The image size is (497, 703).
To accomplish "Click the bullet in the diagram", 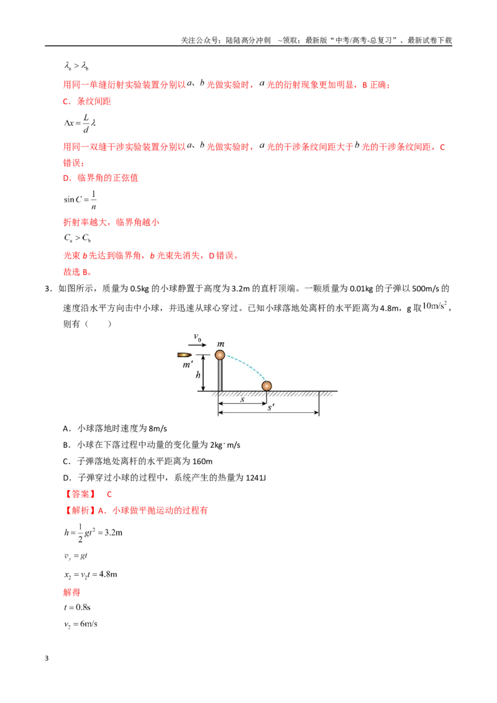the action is [x=185, y=355].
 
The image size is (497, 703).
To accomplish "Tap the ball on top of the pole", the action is [x=220, y=355].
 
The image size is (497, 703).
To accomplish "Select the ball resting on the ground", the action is [x=267, y=386].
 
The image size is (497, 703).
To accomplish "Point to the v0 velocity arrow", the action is [x=198, y=345].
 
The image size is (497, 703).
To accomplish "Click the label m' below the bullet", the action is [x=188, y=365].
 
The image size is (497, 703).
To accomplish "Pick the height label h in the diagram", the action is [x=198, y=375].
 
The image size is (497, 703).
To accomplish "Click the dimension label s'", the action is [x=271, y=407].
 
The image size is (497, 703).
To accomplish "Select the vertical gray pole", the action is [x=220, y=375].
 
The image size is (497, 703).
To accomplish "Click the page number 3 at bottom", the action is [x=47, y=658].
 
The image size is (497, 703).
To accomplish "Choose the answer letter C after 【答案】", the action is [x=109, y=494].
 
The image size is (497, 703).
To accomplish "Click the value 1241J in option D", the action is [x=256, y=478].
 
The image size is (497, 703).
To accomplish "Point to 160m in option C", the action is [x=203, y=461].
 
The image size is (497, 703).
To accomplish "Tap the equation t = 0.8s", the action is [x=77, y=607].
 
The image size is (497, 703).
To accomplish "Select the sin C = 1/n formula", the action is [x=80, y=200].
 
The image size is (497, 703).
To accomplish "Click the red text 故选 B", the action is [x=78, y=271].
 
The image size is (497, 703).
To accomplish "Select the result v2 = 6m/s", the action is [x=81, y=624].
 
